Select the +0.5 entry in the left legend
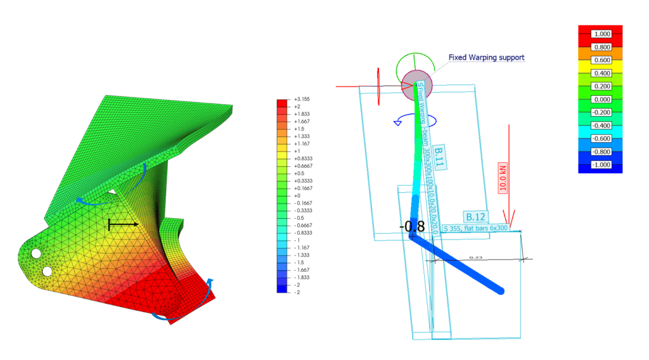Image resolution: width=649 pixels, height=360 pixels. point(299,172)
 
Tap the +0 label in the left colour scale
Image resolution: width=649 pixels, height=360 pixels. point(297,196)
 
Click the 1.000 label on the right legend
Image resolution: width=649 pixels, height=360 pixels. point(600,34)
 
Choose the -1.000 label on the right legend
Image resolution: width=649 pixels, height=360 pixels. point(600,164)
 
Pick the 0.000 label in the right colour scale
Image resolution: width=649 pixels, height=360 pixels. point(600,99)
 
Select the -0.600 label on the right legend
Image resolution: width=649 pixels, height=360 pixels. point(600,138)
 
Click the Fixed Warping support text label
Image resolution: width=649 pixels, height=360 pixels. point(486,58)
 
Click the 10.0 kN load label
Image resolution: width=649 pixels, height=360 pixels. point(503,179)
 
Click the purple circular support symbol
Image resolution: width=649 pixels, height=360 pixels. point(416,84)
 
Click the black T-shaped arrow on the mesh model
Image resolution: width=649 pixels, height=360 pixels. point(122,224)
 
